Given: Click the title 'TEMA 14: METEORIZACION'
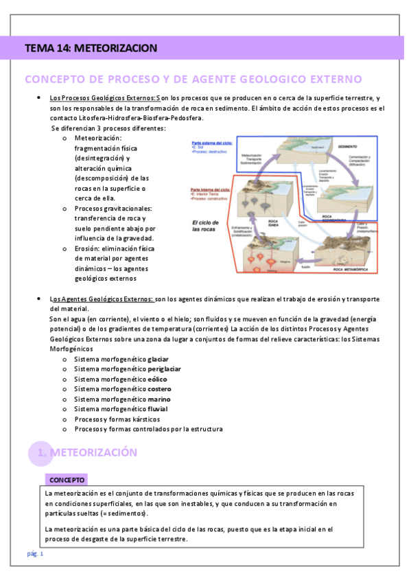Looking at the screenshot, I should tap(91, 48).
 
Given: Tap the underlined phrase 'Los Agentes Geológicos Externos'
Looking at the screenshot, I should tap(101, 299).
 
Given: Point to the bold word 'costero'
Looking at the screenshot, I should tap(159, 389).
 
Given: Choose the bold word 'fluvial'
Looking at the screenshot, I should tap(157, 409).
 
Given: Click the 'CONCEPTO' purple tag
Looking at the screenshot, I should tap(67, 480).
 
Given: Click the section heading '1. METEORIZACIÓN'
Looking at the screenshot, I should tap(87, 452).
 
